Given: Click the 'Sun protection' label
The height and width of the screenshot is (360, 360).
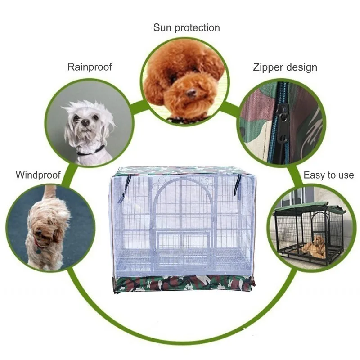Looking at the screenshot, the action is coord(186,28).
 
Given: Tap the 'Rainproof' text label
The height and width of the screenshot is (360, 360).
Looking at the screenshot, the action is coord(90,67).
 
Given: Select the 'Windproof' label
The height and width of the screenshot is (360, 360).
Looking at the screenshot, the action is coord(38,175).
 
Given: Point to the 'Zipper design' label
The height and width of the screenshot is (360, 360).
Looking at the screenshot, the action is coord(284,67).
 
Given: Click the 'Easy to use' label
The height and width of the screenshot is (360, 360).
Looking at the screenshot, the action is coord(328,175).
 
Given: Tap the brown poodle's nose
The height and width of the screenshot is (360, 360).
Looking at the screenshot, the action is coord(192,94).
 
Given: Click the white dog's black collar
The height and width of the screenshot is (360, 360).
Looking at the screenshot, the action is coord(90,151).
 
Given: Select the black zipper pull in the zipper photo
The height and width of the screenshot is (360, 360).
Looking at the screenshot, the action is coord(282,115).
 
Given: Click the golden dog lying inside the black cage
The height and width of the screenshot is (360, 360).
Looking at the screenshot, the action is coord(315,247).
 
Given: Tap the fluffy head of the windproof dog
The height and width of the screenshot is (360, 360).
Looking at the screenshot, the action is coord(43,225).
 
